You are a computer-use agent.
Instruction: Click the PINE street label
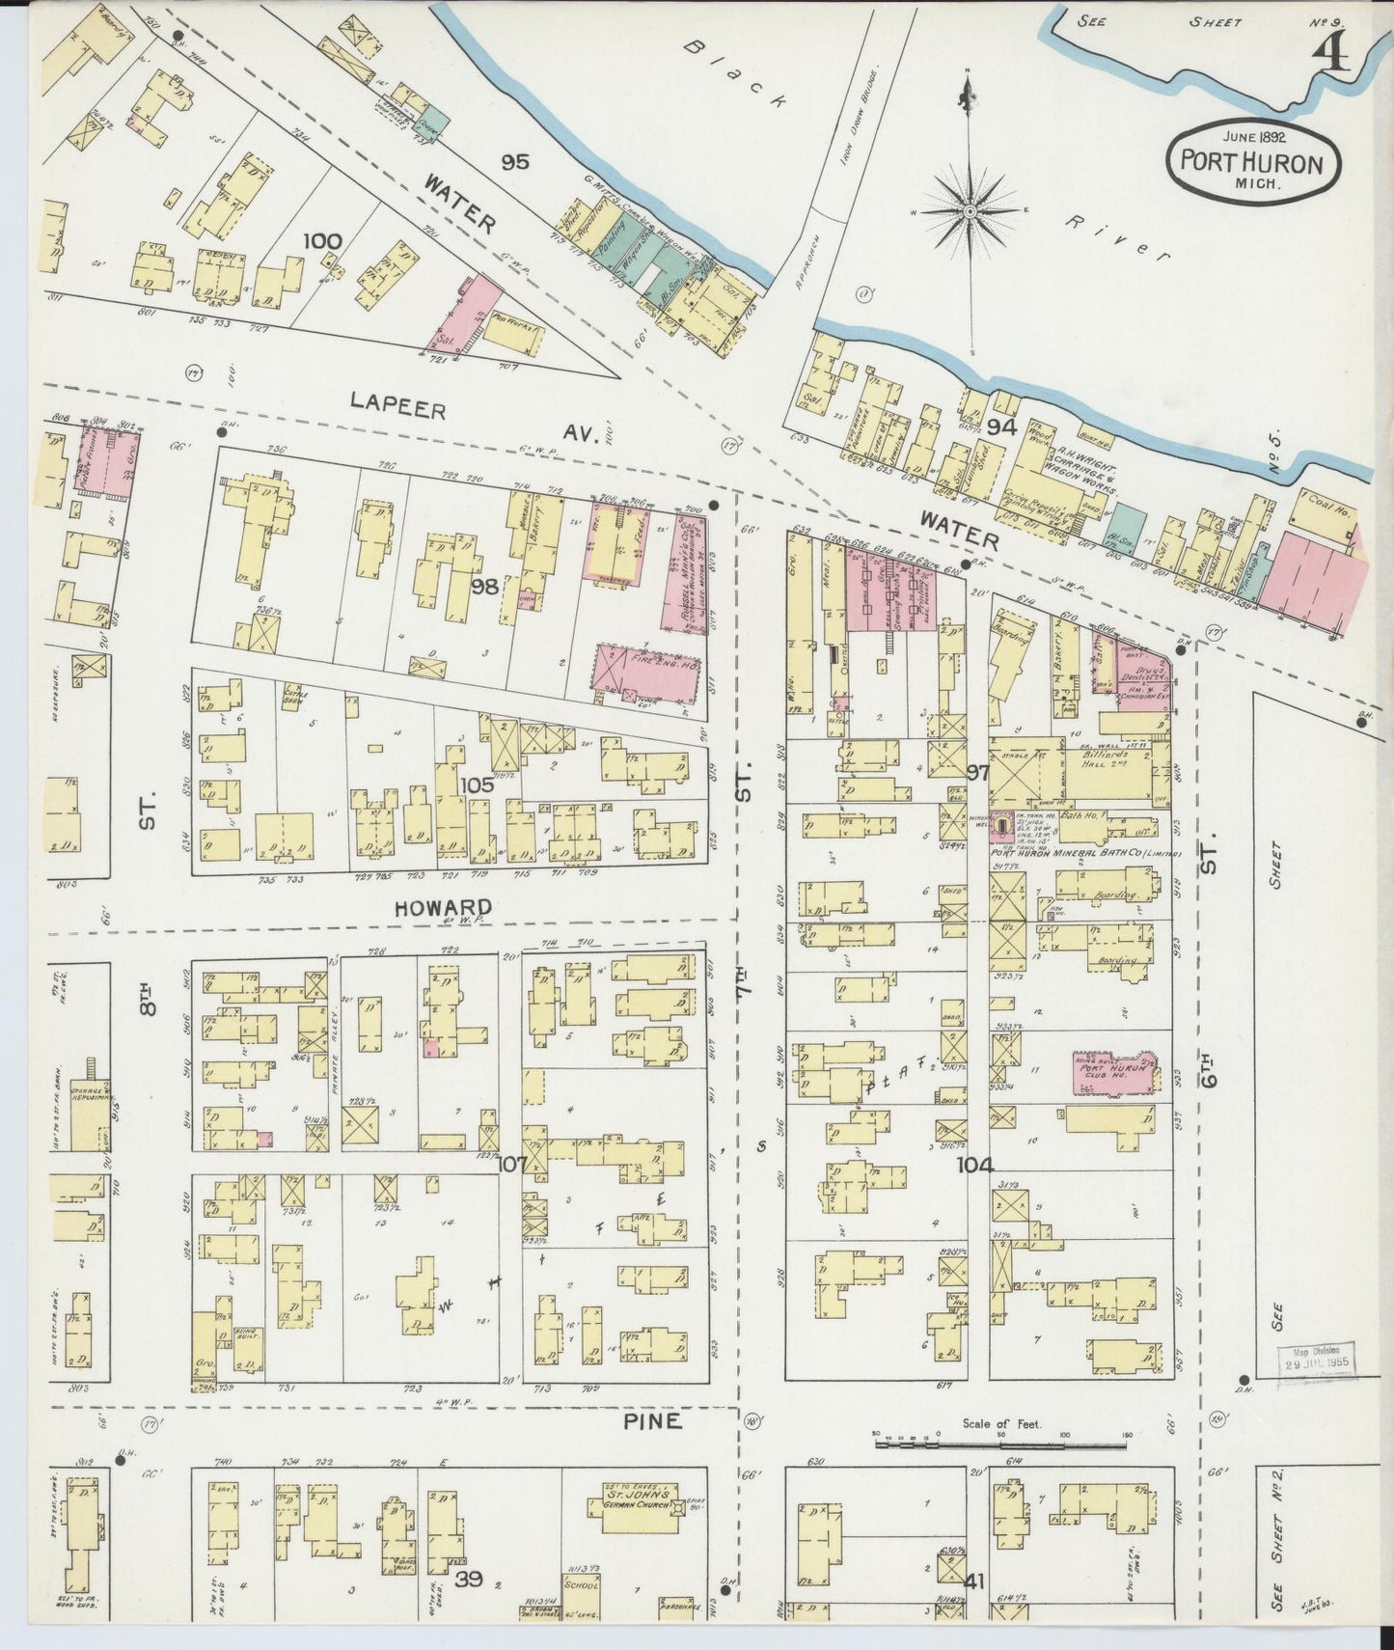[652, 1420]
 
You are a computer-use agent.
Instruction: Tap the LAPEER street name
[398, 409]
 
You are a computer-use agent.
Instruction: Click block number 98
[486, 586]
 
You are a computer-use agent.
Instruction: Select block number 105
[477, 784]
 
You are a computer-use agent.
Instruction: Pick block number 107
[510, 1165]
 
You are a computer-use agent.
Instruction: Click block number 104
[974, 1166]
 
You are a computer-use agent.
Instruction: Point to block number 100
[320, 240]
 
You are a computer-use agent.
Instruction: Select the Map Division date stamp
[1317, 1359]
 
